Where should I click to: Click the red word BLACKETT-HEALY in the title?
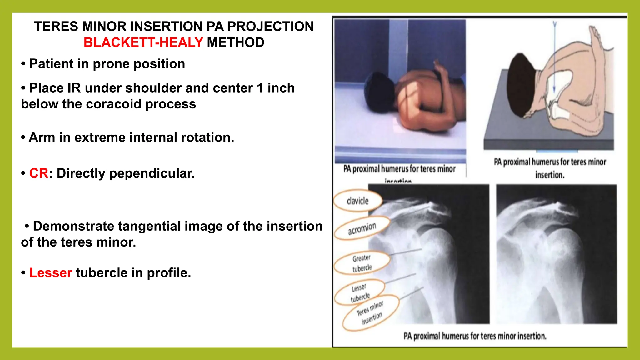143,42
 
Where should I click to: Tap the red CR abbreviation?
39,173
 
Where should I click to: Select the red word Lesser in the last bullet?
51,273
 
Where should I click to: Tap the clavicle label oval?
358,201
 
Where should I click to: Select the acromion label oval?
362,228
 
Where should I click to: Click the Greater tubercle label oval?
362,263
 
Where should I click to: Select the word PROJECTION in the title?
270,27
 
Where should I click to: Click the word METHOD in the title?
235,42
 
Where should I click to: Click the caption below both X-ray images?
475,336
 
